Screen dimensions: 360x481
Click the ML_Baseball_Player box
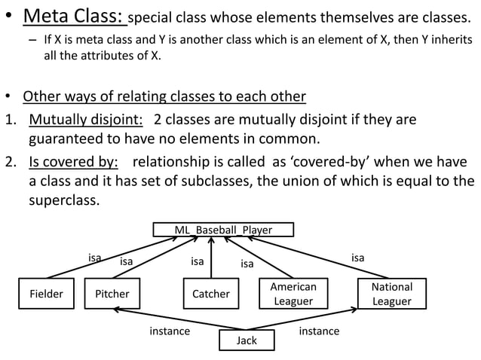pyautogui.click(x=223, y=229)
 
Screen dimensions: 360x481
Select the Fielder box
pyautogui.click(x=46, y=294)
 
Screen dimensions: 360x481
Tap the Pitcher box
pyautogui.click(x=112, y=294)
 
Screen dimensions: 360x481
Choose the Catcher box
pyautogui.click(x=210, y=294)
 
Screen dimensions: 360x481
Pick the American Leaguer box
pyautogui.click(x=293, y=294)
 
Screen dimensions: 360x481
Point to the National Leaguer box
pyautogui.click(x=392, y=294)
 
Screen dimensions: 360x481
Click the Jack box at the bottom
pyautogui.click(x=247, y=340)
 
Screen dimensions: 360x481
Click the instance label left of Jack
pyautogui.click(x=170, y=331)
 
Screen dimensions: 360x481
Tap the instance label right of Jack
pyautogui.click(x=319, y=331)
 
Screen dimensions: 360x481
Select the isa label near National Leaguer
pyautogui.click(x=357, y=258)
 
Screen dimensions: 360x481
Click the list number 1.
pyautogui.click(x=10, y=121)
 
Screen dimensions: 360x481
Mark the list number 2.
pyautogui.click(x=10, y=162)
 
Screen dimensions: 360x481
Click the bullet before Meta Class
pyautogui.click(x=9, y=17)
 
